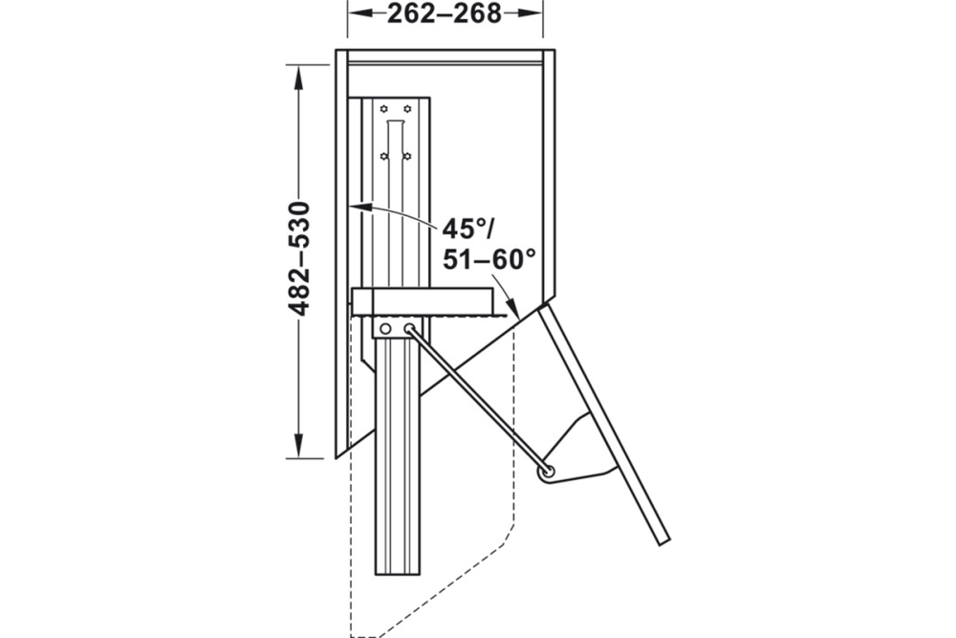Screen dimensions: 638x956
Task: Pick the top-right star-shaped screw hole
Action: [x=407, y=108]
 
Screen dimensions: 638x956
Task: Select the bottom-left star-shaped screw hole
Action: [x=384, y=155]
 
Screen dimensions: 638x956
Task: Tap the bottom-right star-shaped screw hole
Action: [x=407, y=155]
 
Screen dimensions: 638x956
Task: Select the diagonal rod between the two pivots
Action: [x=478, y=400]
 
